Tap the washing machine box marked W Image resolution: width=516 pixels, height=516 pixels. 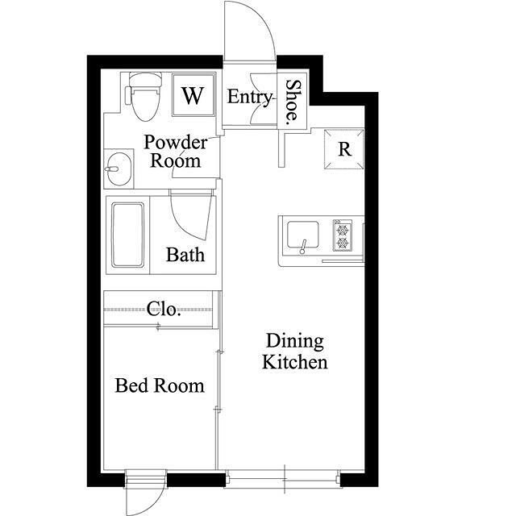click(x=193, y=95)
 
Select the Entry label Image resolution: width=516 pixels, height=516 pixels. click(x=250, y=97)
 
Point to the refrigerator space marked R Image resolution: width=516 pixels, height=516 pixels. click(x=344, y=149)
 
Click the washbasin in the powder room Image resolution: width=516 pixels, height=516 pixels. click(x=118, y=169)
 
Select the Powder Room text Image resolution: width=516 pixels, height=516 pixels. click(x=176, y=152)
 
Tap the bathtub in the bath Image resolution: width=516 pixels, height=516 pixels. click(x=127, y=235)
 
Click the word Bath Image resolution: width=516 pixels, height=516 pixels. click(x=185, y=255)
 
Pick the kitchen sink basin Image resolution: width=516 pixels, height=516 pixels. click(x=303, y=235)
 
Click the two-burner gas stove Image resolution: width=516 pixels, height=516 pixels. click(x=343, y=235)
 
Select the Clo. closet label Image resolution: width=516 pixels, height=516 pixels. click(x=164, y=309)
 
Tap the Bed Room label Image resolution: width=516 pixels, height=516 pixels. click(x=160, y=385)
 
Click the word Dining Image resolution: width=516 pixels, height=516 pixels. click(x=295, y=342)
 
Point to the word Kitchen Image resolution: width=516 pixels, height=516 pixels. click(x=295, y=362)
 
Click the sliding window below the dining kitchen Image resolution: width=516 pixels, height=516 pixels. click(x=284, y=478)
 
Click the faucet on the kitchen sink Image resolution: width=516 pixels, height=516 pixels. click(x=303, y=247)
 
